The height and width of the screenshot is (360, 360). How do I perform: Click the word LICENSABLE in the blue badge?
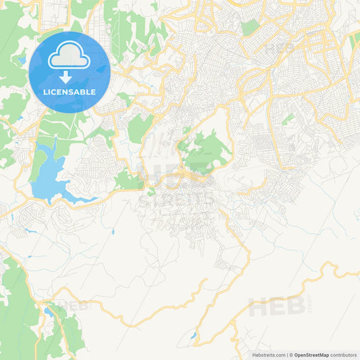pyautogui.click(x=70, y=92)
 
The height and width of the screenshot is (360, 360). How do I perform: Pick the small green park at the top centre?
pyautogui.click(x=250, y=28)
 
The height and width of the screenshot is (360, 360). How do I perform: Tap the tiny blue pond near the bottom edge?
pyautogui.click(x=194, y=335)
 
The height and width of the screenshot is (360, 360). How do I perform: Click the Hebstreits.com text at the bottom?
pyautogui.click(x=267, y=355)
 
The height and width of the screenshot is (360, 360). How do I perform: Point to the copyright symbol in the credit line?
pyautogui.click(x=291, y=355)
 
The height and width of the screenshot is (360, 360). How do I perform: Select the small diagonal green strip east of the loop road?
pyautogui.click(x=288, y=120)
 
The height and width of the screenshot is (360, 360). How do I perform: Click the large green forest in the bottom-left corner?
pyautogui.click(x=17, y=311)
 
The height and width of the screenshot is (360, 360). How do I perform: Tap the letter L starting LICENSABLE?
pyautogui.click(x=45, y=92)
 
